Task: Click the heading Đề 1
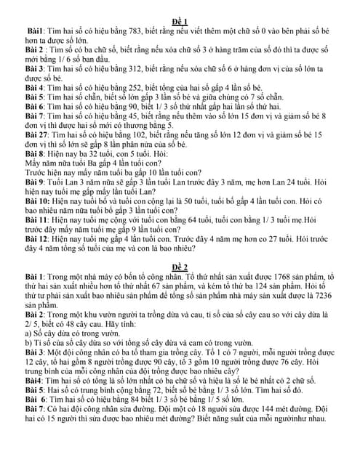point(180,21)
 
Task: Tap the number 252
point(119,86)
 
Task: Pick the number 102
point(124,135)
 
